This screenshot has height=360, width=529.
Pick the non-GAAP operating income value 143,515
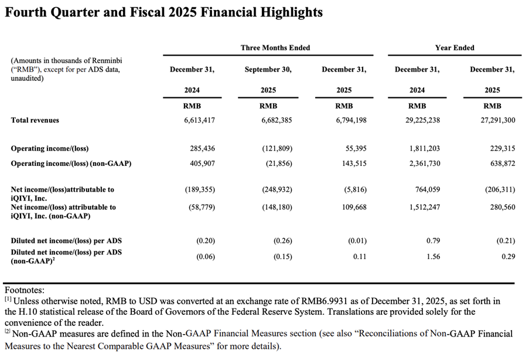click(x=352, y=164)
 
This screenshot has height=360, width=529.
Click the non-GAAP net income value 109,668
click(x=353, y=207)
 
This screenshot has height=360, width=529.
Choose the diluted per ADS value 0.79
click(x=433, y=240)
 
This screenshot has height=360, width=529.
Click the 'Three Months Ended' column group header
click(x=275, y=47)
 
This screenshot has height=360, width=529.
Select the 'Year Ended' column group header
click(x=455, y=47)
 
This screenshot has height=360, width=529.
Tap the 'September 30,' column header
click(x=268, y=69)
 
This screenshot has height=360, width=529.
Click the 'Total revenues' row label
click(x=35, y=120)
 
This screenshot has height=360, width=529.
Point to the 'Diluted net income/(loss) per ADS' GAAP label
click(x=67, y=240)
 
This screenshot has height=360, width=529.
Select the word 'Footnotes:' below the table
click(x=25, y=290)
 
